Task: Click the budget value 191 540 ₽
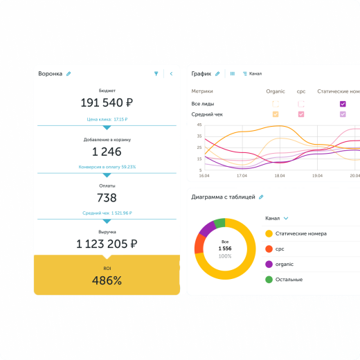107,103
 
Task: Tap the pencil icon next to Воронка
69,73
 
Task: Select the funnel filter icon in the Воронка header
156,73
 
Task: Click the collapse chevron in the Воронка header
171,73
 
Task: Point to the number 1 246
107,152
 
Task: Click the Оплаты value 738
107,198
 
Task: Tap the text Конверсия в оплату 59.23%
107,167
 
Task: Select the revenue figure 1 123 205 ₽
107,244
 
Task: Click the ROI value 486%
107,280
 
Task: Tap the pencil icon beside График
217,73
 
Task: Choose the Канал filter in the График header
252,73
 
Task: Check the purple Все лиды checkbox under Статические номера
343,104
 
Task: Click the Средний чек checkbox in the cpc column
301,114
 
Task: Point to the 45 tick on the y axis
199,125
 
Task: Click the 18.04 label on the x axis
280,177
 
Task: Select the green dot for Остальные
269,280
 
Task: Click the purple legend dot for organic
269,264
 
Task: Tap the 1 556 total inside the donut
225,248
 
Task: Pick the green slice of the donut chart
220,224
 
